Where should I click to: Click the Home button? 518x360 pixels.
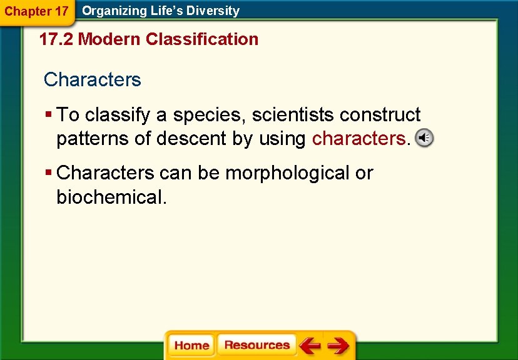[191, 346]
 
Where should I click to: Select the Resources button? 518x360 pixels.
[256, 346]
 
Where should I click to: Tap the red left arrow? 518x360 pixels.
[310, 346]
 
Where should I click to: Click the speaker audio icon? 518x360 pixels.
[424, 138]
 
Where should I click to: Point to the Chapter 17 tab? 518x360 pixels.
[37, 11]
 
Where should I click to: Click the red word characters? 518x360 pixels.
[358, 139]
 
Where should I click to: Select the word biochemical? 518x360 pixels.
[111, 197]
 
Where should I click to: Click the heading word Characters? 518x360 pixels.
[93, 80]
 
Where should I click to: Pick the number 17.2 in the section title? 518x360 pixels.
[56, 39]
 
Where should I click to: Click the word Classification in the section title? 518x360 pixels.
[201, 39]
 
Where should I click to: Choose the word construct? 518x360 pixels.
[380, 115]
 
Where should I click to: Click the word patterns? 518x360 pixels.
[93, 139]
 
